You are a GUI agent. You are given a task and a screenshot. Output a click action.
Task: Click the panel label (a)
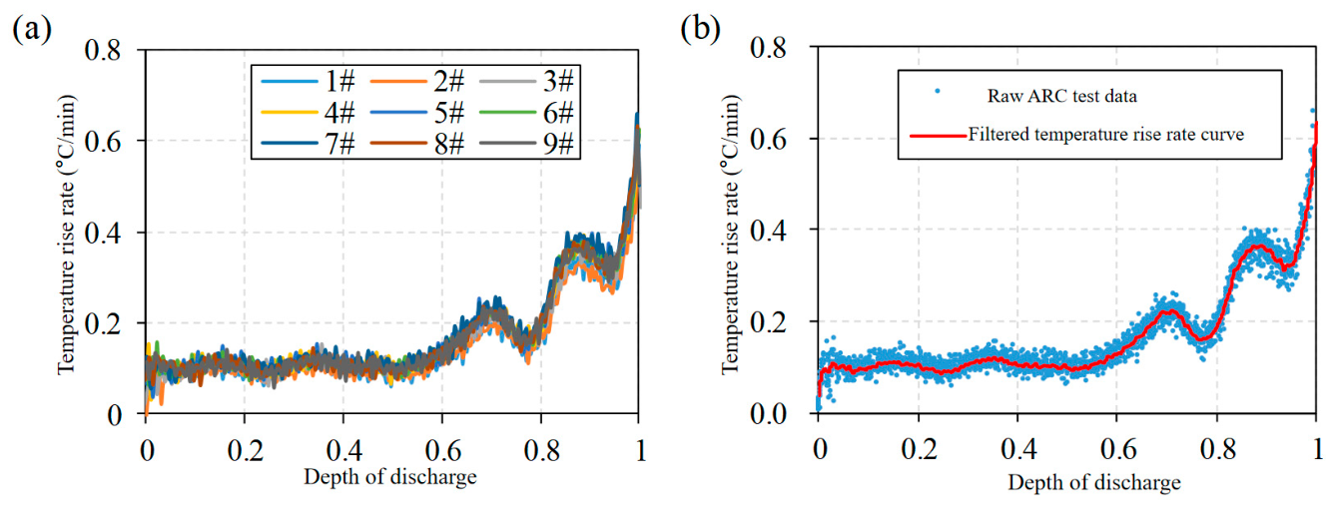[32, 30]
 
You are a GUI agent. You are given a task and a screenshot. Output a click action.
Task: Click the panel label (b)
[700, 29]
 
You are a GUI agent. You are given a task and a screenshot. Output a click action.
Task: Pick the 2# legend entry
[417, 81]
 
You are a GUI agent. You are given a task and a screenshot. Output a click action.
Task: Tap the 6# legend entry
[526, 113]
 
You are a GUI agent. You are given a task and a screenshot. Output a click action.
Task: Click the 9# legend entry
[526, 144]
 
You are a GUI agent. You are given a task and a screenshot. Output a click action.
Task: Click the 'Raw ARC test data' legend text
[1061, 96]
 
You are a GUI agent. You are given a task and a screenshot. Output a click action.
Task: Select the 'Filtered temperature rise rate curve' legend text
[1106, 135]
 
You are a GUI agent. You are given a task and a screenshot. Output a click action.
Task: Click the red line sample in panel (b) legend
[938, 136]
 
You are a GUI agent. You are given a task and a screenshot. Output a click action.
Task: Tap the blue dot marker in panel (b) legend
[938, 91]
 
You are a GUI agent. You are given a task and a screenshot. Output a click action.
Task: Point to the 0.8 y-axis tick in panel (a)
[103, 50]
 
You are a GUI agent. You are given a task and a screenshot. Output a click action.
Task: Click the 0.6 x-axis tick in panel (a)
[442, 451]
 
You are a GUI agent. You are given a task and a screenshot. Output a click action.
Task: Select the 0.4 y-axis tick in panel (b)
[768, 231]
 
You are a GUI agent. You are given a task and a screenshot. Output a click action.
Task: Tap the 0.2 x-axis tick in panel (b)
[919, 449]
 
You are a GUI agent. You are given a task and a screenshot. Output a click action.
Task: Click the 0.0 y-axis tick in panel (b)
[768, 413]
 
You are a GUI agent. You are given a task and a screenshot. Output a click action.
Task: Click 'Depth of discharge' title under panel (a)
[390, 477]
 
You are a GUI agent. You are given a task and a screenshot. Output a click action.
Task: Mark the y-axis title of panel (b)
[730, 235]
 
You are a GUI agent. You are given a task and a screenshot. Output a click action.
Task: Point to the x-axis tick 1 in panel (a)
[640, 451]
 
